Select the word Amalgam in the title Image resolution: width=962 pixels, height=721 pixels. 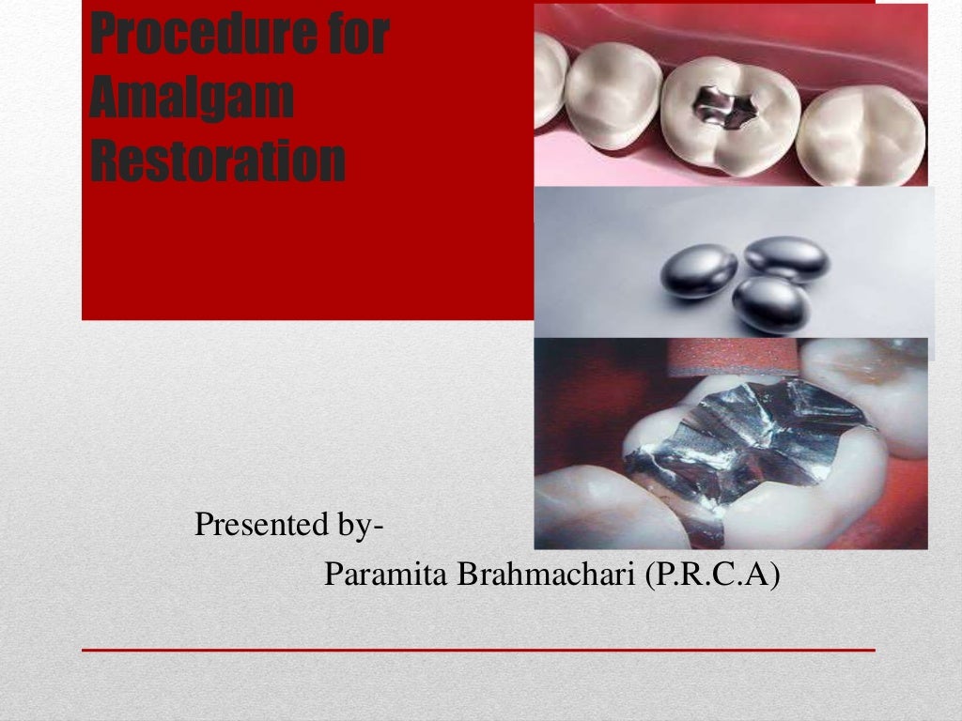191,100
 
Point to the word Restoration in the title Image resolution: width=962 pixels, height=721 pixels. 217,161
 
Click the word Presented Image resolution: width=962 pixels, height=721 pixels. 251,525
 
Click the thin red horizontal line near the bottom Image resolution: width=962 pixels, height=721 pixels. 478,650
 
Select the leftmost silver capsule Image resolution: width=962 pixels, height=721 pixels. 698,270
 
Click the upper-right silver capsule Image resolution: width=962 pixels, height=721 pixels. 786,258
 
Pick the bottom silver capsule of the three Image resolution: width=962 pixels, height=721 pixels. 770,303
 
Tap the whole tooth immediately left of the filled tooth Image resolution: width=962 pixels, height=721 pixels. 613,93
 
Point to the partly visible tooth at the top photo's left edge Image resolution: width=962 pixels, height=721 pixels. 549,80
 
